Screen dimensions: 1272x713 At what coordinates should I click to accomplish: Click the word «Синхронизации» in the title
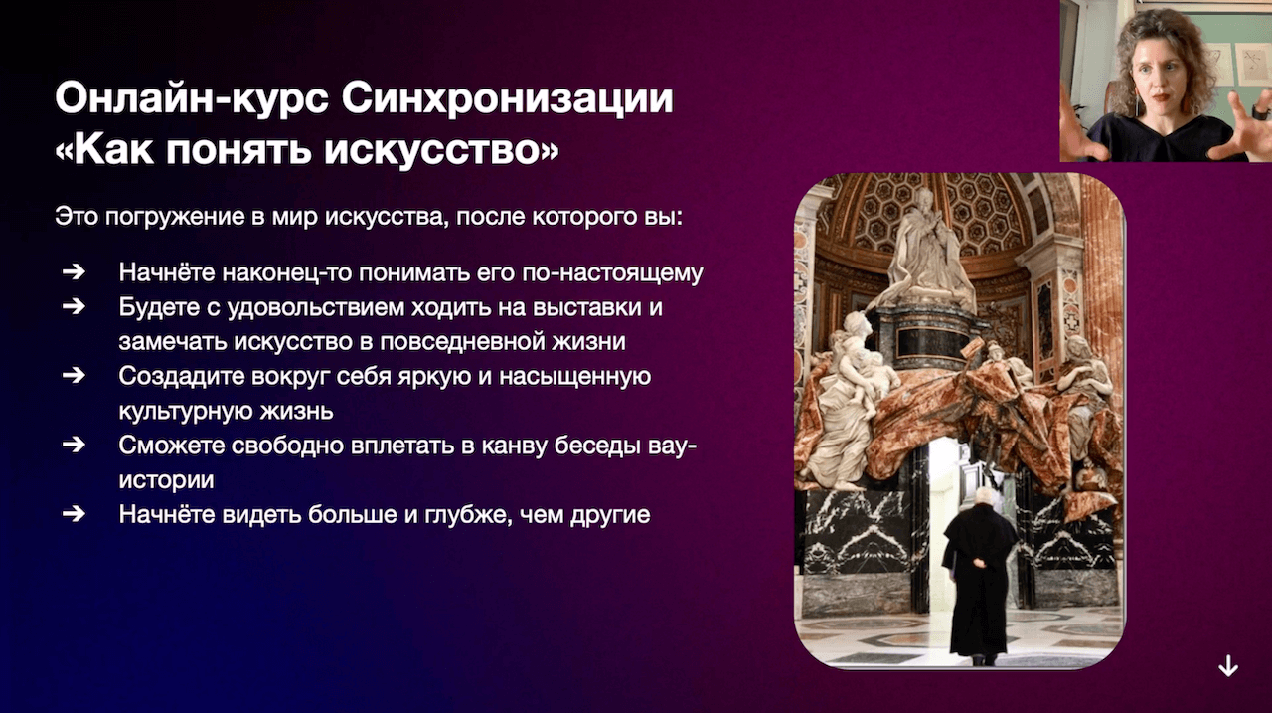507,98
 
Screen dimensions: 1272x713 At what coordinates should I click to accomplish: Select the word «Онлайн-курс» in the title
192,98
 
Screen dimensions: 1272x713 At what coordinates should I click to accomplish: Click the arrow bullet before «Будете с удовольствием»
74,307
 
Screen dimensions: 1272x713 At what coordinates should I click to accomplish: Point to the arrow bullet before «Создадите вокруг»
74,376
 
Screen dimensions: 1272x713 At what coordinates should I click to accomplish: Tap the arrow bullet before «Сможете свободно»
74,445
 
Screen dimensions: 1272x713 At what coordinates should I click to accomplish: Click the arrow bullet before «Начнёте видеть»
74,514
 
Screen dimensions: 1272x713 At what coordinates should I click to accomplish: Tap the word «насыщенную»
575,377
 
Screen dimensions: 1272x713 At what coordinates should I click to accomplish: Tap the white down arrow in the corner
1228,666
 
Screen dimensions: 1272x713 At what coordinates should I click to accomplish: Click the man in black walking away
978,575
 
